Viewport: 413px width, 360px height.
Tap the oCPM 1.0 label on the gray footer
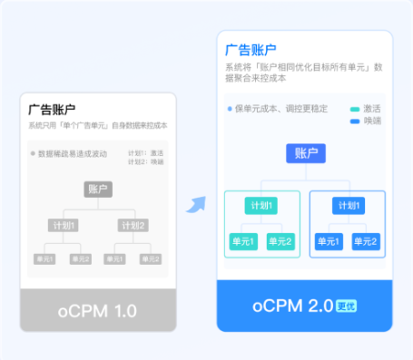point(97,311)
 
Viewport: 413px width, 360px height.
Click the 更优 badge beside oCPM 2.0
point(346,306)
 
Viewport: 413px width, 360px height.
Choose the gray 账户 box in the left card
point(98,189)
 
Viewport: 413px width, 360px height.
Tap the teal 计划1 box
point(261,206)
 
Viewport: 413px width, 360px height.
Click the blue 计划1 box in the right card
point(347,206)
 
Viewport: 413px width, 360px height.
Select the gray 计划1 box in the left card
point(63,225)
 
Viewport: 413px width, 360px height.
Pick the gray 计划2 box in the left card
point(133,225)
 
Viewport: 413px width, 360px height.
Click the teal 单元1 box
point(242,241)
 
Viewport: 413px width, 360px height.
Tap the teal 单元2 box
point(280,241)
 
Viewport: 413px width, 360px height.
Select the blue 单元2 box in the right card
point(365,241)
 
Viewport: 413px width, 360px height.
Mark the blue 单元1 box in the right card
point(328,241)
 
